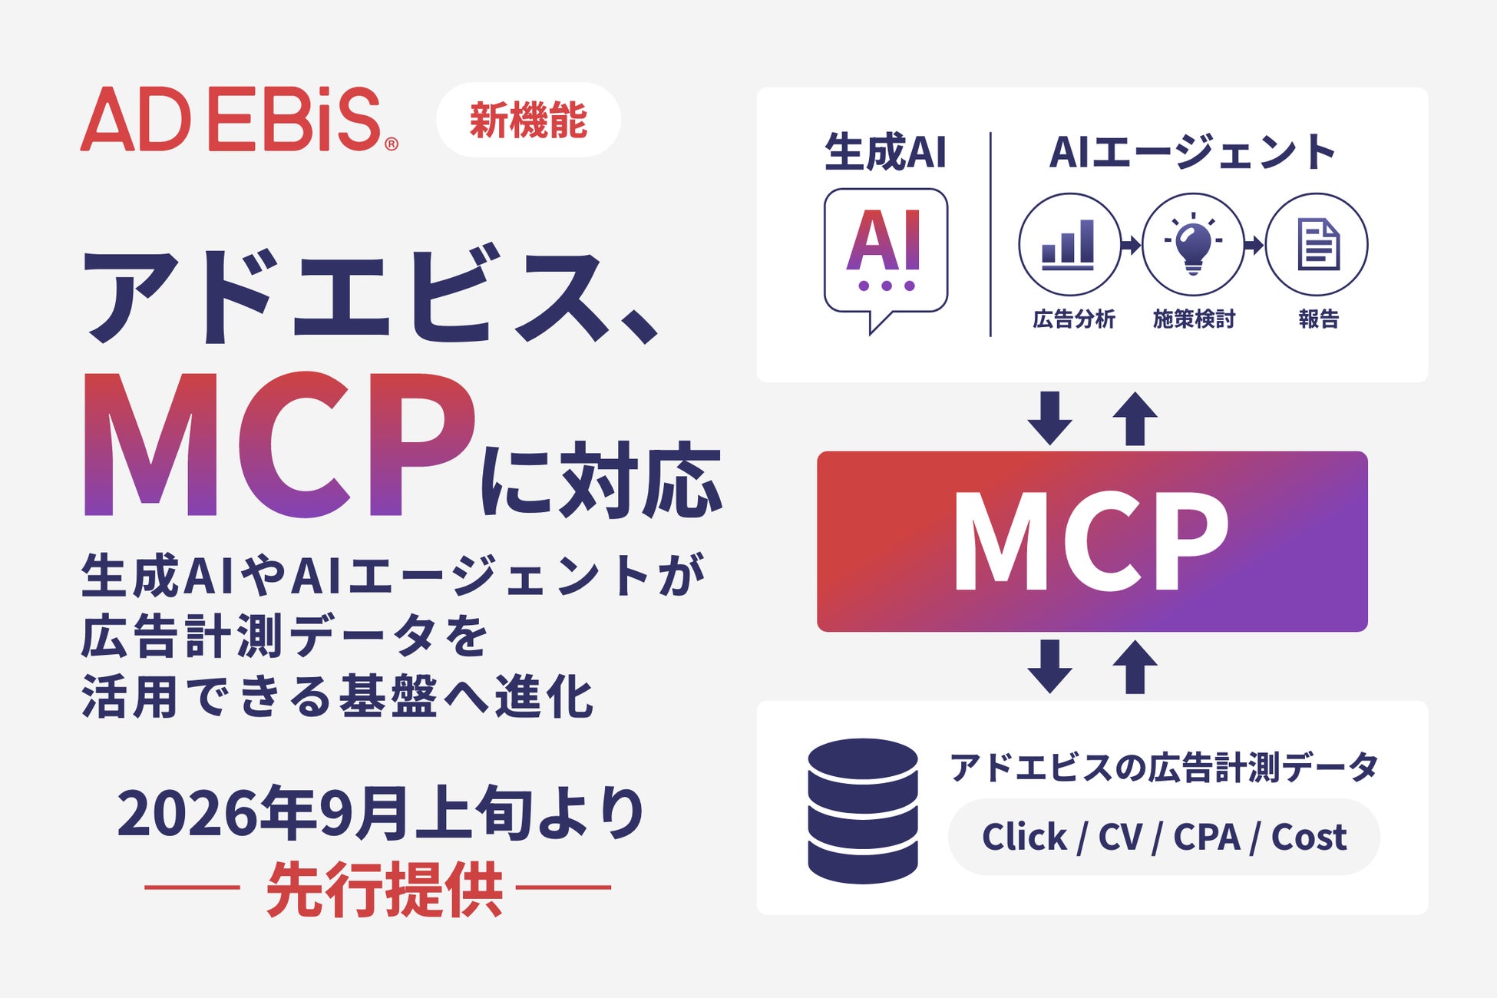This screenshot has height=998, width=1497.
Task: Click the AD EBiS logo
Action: coord(239,119)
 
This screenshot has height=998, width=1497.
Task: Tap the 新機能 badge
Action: coord(528,120)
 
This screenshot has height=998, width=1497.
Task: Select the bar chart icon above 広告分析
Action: coord(1069,244)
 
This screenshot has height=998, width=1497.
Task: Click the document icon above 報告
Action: coord(1317,244)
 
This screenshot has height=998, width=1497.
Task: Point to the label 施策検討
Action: coord(1194,319)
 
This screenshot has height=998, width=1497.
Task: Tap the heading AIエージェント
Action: coord(1193,151)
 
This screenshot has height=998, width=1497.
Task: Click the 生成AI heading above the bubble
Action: coord(885,151)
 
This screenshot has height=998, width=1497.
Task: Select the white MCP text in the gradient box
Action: coord(1091,541)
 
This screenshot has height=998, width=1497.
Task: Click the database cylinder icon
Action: coord(863,811)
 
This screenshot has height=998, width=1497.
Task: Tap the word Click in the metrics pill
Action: coord(1024,836)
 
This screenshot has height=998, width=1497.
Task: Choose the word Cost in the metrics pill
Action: coord(1309,837)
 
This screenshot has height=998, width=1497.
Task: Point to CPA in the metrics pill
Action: coord(1207,837)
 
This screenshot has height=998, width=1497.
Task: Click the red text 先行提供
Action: coord(385,889)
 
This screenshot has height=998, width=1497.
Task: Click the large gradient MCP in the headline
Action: coord(279,444)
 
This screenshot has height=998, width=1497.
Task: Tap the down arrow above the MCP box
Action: coord(1049,418)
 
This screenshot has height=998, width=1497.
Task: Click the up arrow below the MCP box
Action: coord(1135,667)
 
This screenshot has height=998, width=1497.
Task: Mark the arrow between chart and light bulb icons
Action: coord(1131,245)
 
